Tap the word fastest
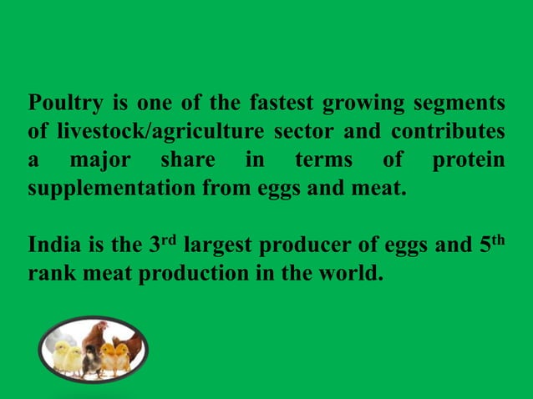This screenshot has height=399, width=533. point(280,104)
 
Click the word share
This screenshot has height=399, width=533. point(186,159)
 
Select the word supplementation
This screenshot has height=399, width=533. point(113,187)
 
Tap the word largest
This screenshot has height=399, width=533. point(219,247)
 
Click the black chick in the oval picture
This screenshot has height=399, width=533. point(90,357)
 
